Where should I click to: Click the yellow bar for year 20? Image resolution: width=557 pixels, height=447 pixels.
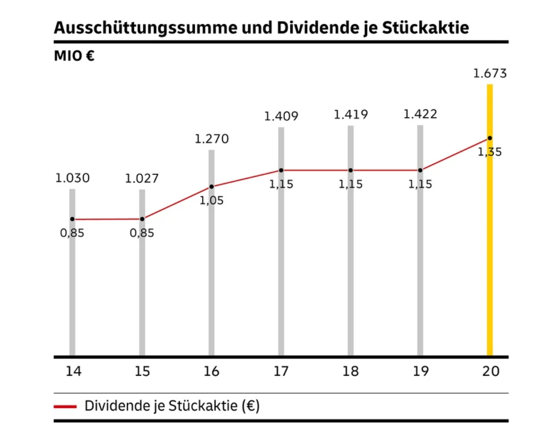tap(489, 251)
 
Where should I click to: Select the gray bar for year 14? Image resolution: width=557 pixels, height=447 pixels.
tap(72, 287)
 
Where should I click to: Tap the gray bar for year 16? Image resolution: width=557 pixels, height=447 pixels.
tap(211, 275)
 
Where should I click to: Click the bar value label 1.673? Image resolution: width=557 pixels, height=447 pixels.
tap(489, 74)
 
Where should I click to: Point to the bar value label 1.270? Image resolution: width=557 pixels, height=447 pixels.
tap(211, 139)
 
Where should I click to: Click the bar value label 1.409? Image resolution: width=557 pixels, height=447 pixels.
tap(281, 116)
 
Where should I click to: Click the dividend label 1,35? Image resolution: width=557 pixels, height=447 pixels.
tap(489, 152)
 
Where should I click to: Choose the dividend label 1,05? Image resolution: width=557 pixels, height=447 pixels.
tap(211, 200)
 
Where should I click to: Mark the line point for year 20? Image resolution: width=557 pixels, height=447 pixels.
tap(489, 138)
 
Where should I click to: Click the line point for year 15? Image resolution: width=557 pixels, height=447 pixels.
tap(142, 219)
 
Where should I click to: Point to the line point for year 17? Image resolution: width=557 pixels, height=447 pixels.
tap(281, 171)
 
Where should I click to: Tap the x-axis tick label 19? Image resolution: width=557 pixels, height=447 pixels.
tap(420, 372)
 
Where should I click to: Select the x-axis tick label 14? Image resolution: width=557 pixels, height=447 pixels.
tap(73, 372)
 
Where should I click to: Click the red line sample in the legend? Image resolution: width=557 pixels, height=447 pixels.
tap(65, 406)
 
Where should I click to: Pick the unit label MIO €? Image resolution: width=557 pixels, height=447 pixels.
tap(75, 57)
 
